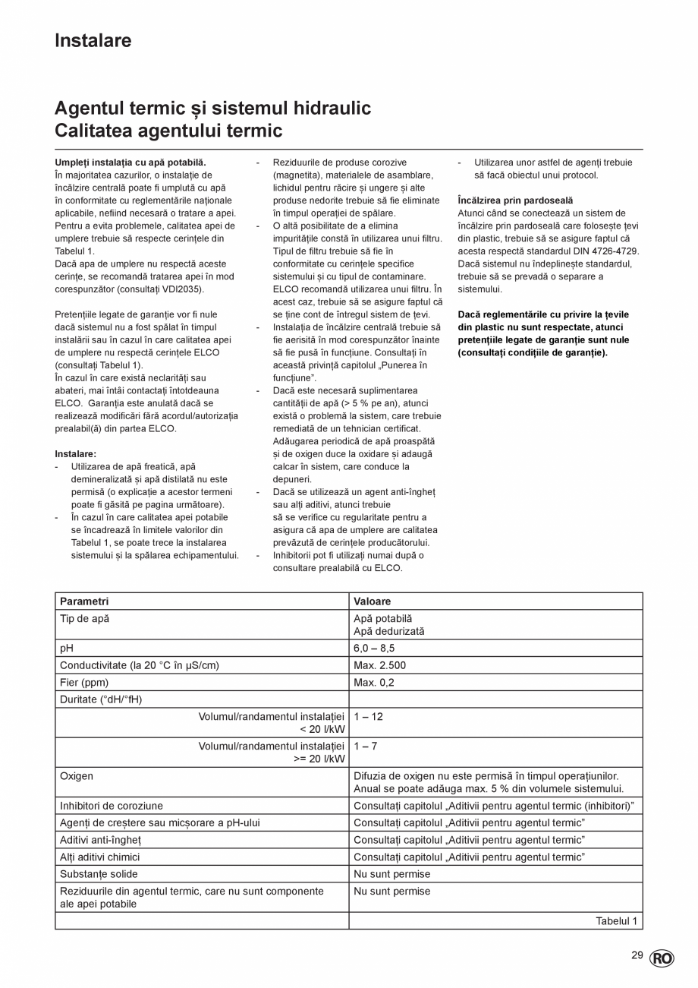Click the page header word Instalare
pyautogui.click(x=93, y=41)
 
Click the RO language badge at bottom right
pyautogui.click(x=661, y=958)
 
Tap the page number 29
pyautogui.click(x=637, y=955)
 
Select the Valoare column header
pyautogui.click(x=372, y=601)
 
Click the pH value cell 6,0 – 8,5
pyautogui.click(x=374, y=648)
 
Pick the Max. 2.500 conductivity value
pyautogui.click(x=379, y=665)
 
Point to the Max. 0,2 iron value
pyautogui.click(x=373, y=682)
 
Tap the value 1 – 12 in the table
pyautogui.click(x=368, y=716)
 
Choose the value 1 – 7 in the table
pyautogui.click(x=365, y=746)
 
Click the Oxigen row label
pyautogui.click(x=77, y=775)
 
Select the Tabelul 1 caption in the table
pyautogui.click(x=616, y=921)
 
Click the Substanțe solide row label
pyautogui.click(x=99, y=874)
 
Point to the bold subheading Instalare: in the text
pyautogui.click(x=75, y=454)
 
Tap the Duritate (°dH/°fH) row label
pyautogui.click(x=101, y=699)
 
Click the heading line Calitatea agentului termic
pyautogui.click(x=168, y=131)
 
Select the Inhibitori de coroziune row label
pyautogui.click(x=111, y=805)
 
